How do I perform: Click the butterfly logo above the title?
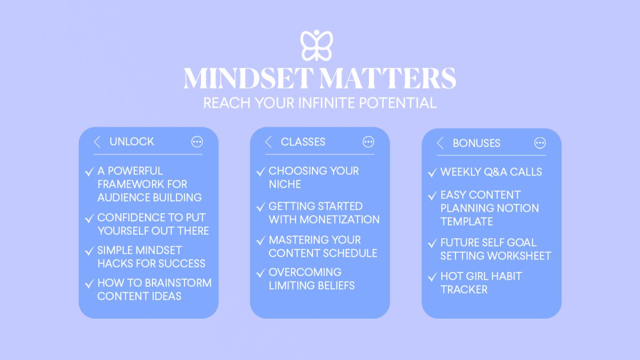[316, 45]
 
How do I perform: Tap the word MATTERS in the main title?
[388, 79]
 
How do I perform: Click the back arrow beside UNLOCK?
[97, 142]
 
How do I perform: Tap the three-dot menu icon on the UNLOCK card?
[197, 142]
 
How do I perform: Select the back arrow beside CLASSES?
[268, 142]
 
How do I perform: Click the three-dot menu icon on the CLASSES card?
[368, 142]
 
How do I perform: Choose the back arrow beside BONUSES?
[440, 143]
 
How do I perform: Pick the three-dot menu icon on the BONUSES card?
[540, 143]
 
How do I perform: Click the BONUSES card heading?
[476, 143]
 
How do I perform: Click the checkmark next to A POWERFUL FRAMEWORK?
[89, 172]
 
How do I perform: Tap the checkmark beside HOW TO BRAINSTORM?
[89, 284]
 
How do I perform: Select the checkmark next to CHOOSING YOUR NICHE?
[261, 172]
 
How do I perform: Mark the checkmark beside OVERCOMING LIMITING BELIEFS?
[261, 273]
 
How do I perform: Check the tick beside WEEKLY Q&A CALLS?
[432, 172]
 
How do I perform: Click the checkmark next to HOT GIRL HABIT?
[432, 277]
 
